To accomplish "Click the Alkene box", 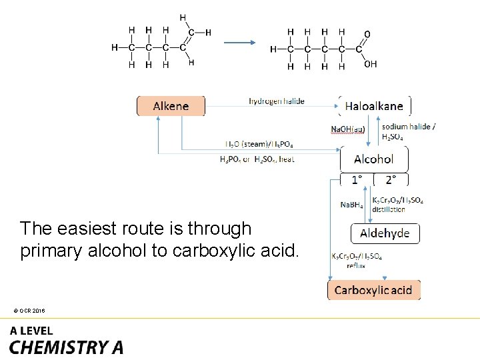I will (x=171, y=106).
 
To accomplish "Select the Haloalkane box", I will (x=374, y=106).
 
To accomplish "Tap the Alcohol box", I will (x=373, y=159).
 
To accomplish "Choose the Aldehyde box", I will (x=385, y=233).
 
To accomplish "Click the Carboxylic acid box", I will (x=373, y=290).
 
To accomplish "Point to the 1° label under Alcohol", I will (x=357, y=179).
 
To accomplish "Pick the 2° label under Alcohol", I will (x=391, y=179).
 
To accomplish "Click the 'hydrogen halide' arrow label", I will (x=276, y=101).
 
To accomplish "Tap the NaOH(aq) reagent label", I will (x=347, y=129).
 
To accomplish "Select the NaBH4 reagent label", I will (x=351, y=205).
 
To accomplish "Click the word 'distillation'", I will (x=388, y=209).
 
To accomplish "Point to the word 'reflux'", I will (x=355, y=265).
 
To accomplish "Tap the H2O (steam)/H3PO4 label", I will (x=259, y=144).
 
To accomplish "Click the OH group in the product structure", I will (x=371, y=64).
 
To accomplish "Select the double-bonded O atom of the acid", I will (x=367, y=33).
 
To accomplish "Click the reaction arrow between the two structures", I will (x=239, y=43).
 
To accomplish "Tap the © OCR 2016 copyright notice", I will (x=28, y=311).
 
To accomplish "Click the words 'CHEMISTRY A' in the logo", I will (x=66, y=347).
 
